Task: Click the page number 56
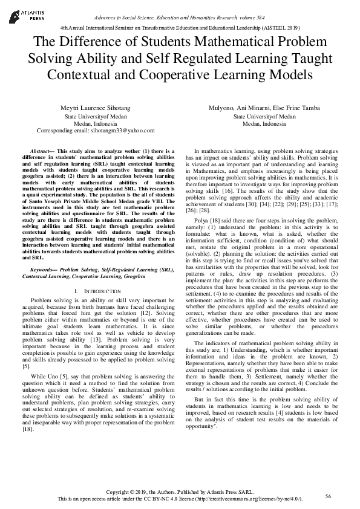click(328, 496)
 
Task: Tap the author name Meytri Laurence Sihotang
click(96, 108)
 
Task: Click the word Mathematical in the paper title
click(215, 42)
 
